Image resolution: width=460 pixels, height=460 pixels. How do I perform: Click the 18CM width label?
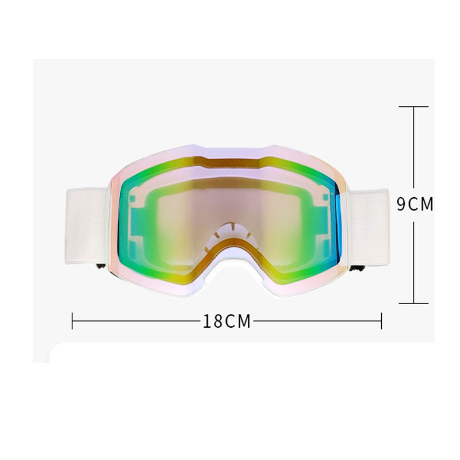coord(227,321)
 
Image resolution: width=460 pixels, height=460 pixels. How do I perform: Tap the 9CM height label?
coord(415,205)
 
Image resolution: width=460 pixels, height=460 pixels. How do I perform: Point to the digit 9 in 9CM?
coord(401,205)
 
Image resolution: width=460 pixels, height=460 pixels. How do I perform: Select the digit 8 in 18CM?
coord(217,321)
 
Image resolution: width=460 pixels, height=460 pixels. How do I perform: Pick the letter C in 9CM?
coord(413,205)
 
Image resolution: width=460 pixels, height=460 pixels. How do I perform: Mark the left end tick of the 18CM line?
coord(72,321)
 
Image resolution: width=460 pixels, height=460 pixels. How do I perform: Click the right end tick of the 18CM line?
coord(381,321)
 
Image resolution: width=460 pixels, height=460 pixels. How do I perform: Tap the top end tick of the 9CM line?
coord(413,106)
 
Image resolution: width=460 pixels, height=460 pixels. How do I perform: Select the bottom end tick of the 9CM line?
coord(413,303)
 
